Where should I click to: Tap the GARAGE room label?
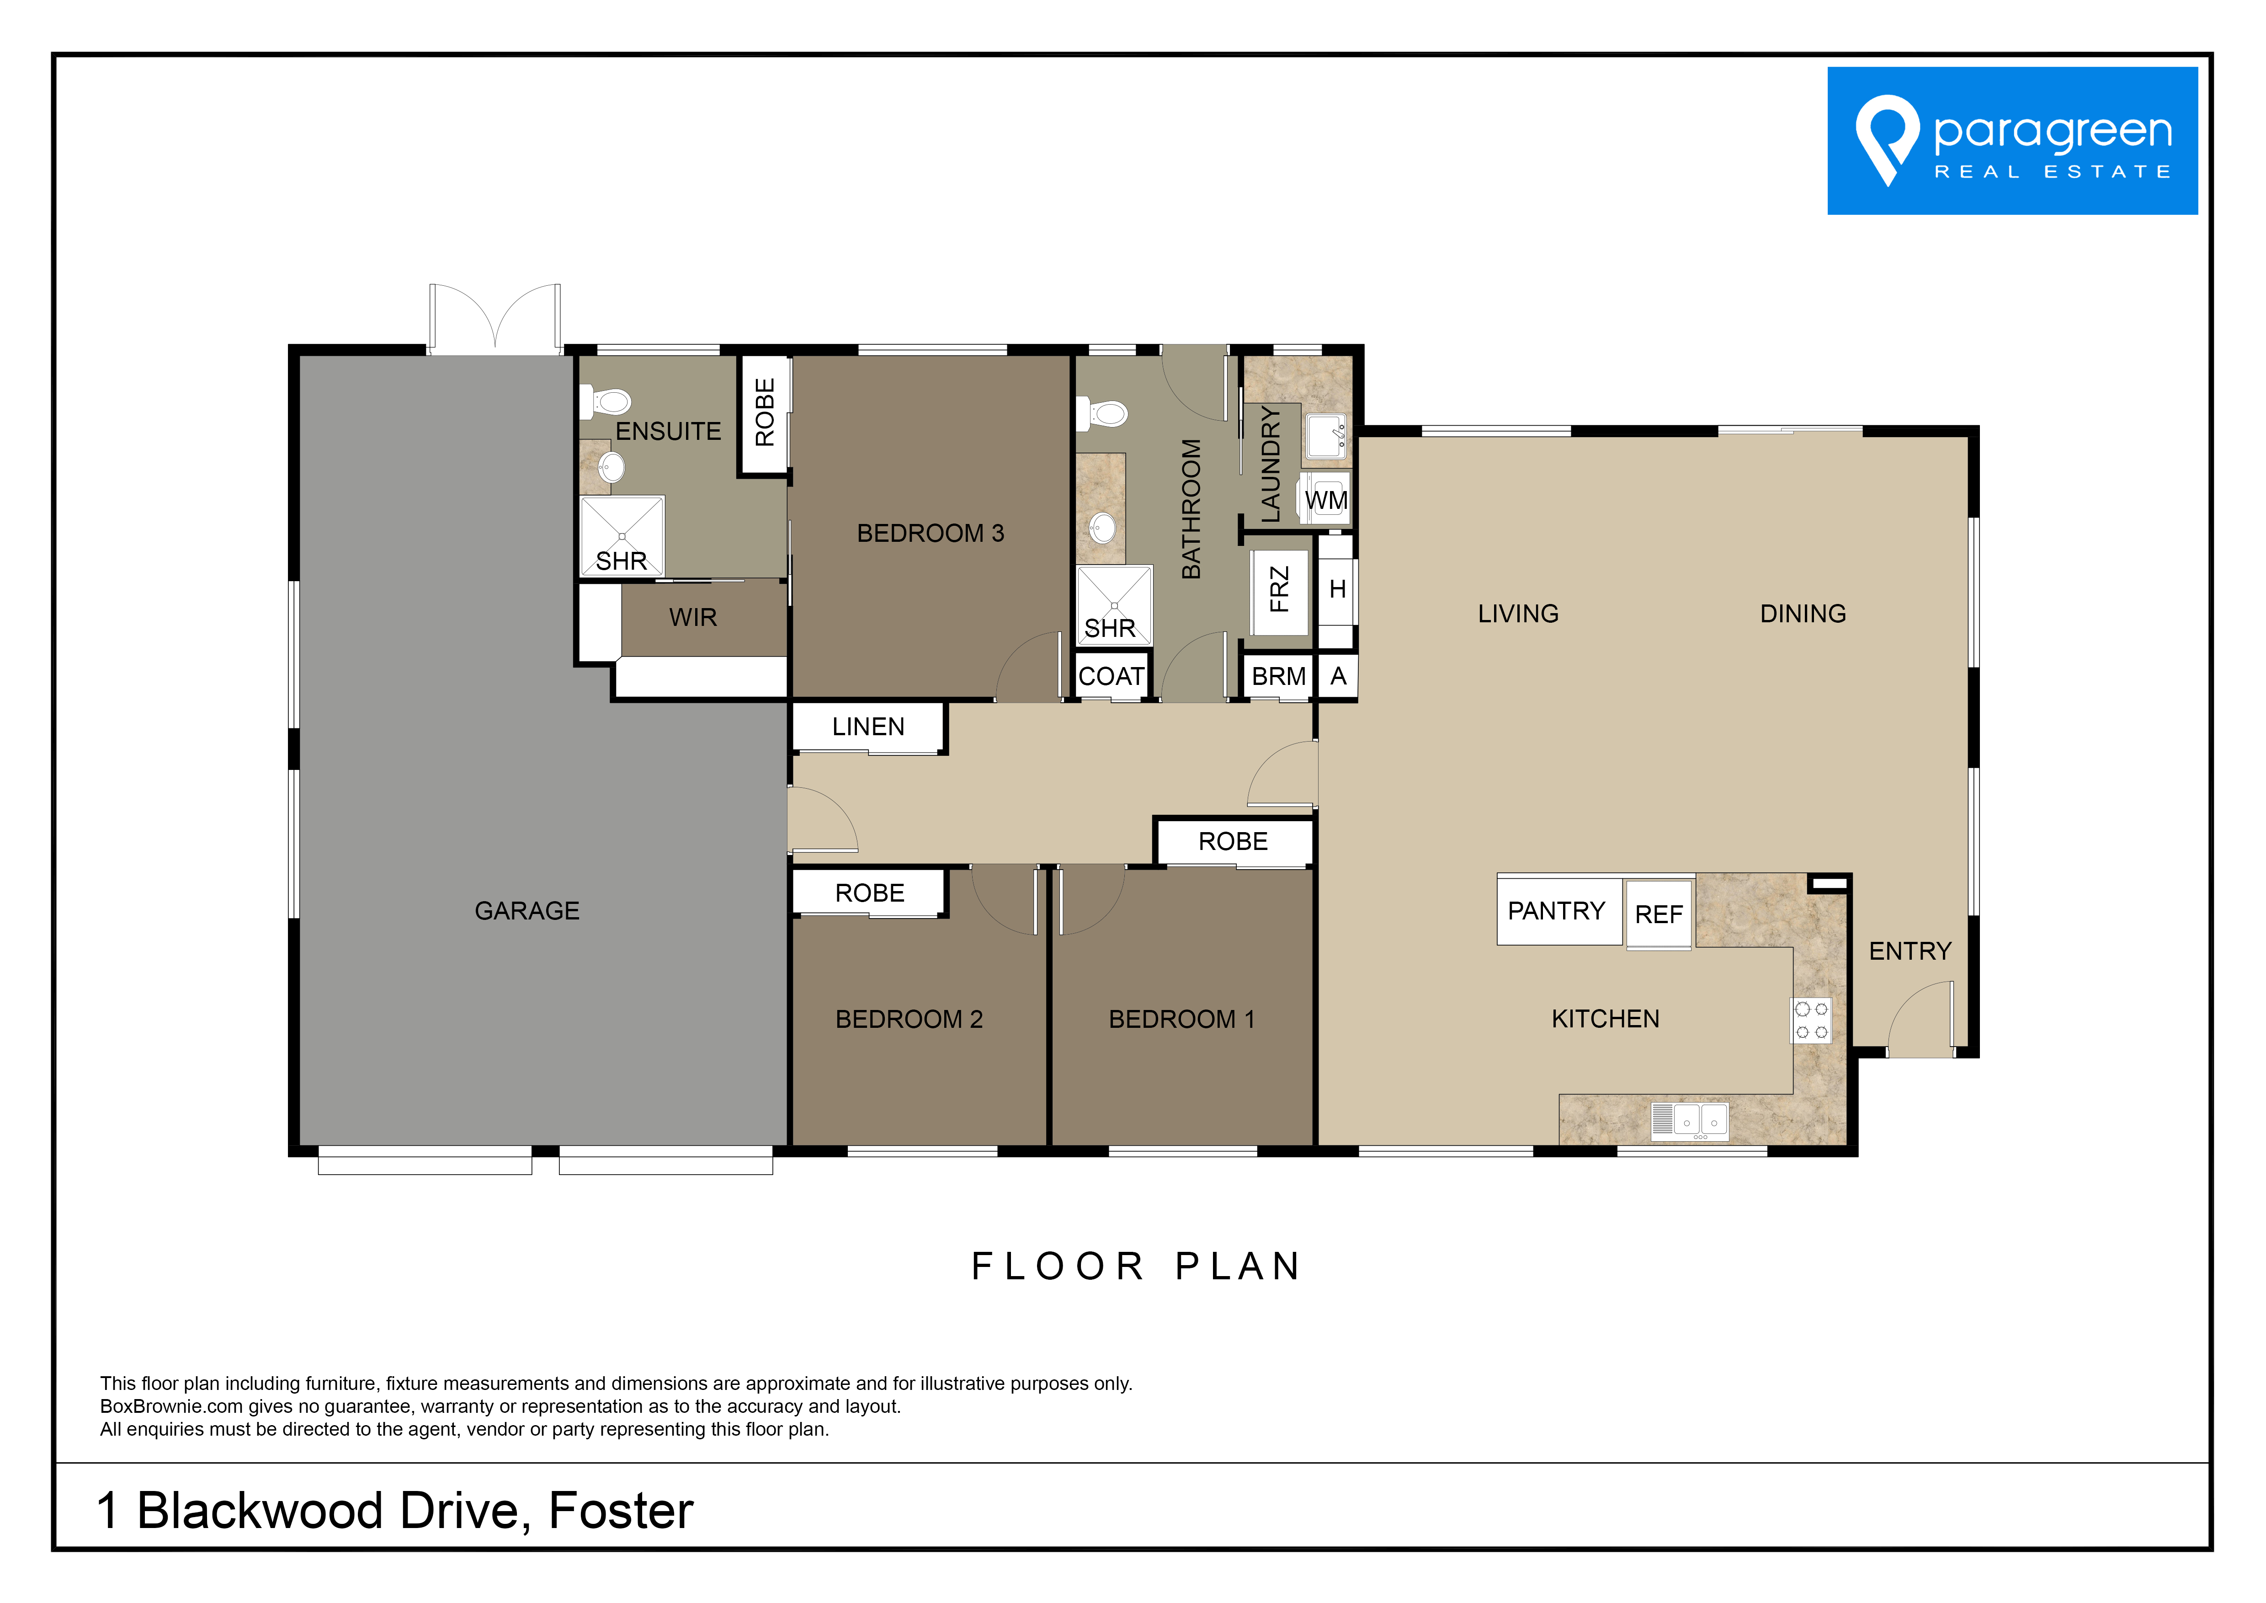click(527, 911)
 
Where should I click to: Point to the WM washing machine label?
click(1326, 501)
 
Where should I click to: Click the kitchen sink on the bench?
click(1690, 1120)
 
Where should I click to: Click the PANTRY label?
click(1556, 911)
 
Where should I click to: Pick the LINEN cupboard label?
click(868, 727)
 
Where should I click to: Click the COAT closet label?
click(1111, 677)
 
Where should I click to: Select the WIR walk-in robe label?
click(693, 618)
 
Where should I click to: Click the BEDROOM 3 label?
click(931, 534)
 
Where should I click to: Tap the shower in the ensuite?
click(622, 536)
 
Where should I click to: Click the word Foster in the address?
click(621, 1511)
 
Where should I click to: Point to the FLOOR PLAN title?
click(1137, 1266)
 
